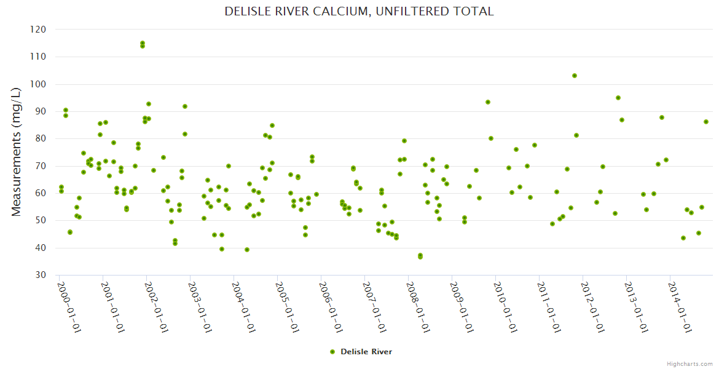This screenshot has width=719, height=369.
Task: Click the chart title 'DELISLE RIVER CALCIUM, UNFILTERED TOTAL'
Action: pos(359,12)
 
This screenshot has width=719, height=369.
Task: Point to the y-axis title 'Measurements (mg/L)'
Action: pos(17,151)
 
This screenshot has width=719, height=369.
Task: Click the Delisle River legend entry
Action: pos(366,352)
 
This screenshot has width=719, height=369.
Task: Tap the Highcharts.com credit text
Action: pos(690,363)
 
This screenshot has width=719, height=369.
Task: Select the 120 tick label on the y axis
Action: pos(38,30)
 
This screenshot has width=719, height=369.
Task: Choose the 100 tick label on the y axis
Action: pos(38,84)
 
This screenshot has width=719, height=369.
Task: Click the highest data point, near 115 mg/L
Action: pos(143,44)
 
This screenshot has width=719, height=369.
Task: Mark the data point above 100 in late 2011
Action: pos(575,76)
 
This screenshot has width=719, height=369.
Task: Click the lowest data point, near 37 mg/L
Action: pos(420,256)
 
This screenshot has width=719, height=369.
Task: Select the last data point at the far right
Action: pos(706,122)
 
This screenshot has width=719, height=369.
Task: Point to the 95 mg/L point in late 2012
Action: pos(618,98)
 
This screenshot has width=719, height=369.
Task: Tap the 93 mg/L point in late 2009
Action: pos(488,102)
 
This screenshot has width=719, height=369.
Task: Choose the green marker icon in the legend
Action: pos(332,352)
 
